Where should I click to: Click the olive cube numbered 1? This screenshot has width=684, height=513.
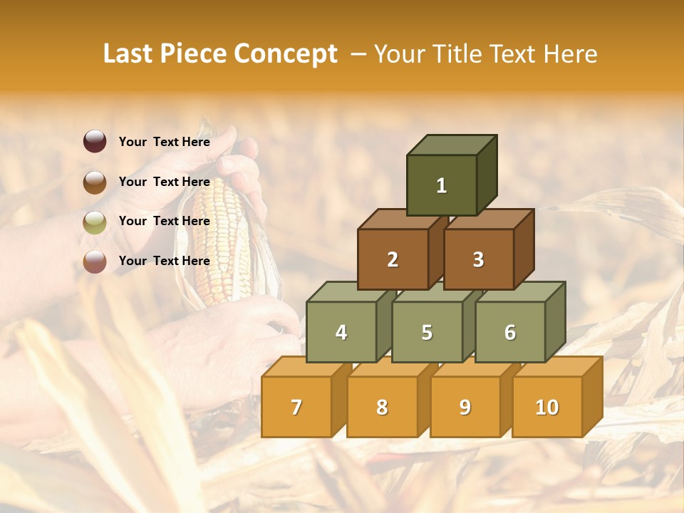pyautogui.click(x=442, y=185)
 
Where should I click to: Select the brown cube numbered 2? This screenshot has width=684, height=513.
pyautogui.click(x=393, y=259)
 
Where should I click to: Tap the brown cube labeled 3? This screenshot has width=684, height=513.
pyautogui.click(x=478, y=259)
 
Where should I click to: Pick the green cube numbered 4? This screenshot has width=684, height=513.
pyautogui.click(x=341, y=332)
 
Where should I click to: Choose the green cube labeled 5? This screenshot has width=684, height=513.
pyautogui.click(x=427, y=332)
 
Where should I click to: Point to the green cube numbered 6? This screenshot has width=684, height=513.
pyautogui.click(x=510, y=332)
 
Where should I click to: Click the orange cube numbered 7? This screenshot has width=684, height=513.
pyautogui.click(x=296, y=407)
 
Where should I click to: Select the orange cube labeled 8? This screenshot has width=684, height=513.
pyautogui.click(x=382, y=407)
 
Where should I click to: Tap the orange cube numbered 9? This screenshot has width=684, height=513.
pyautogui.click(x=465, y=407)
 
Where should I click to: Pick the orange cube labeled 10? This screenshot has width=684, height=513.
pyautogui.click(x=547, y=407)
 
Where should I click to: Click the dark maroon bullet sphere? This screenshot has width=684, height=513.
pyautogui.click(x=95, y=142)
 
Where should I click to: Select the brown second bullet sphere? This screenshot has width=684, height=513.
pyautogui.click(x=95, y=182)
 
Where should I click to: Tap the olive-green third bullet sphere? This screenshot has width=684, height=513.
pyautogui.click(x=95, y=222)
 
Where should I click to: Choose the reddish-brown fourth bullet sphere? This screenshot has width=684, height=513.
pyautogui.click(x=95, y=261)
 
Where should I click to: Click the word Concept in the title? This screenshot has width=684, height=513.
pyautogui.click(x=286, y=54)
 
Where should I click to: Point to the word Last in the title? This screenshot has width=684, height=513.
pyautogui.click(x=130, y=54)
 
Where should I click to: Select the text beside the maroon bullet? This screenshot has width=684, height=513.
pyautogui.click(x=164, y=142)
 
